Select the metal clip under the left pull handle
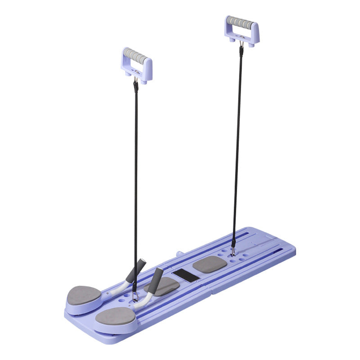pos(135,82)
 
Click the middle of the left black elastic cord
pos(135,180)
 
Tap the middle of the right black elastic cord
pos(237,144)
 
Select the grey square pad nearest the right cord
pos(210,265)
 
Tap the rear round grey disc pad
pos(84,295)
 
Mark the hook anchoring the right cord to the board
pos(233,247)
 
